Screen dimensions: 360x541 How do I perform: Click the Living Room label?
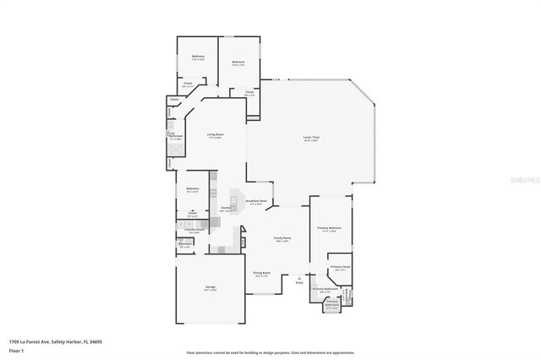click(216, 134)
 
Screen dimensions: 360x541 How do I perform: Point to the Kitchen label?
click(227, 208)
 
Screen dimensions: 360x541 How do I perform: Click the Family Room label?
click(281, 238)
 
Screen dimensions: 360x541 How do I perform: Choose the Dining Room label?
click(261, 273)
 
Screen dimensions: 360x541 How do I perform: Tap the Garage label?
click(210, 287)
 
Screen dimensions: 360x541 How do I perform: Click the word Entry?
click(299, 282)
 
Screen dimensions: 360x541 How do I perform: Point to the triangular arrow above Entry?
click(299, 276)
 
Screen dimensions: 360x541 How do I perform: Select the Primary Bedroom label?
click(329, 228)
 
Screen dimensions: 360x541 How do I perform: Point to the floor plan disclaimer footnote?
click(270, 352)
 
